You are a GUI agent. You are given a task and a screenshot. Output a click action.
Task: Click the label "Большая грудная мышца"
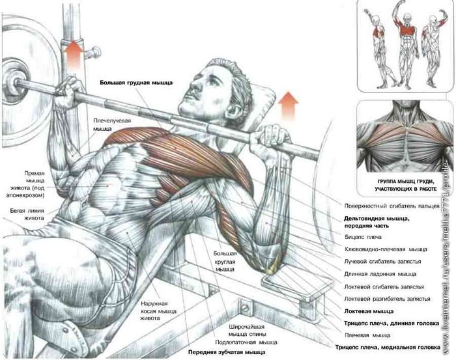[x=136, y=83]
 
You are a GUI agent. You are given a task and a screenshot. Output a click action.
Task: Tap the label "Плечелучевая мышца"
[x=111, y=124]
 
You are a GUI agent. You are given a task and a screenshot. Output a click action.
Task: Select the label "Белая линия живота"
[x=27, y=214]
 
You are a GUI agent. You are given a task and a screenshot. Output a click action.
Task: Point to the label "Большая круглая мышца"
[x=225, y=261]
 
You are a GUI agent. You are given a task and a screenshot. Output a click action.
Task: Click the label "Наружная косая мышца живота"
[x=158, y=311]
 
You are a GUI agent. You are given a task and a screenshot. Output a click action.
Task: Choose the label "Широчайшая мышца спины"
[x=247, y=330]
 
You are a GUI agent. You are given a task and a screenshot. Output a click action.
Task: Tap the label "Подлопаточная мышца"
[x=246, y=342]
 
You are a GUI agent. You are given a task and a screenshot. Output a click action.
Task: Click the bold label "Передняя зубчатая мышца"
[x=227, y=352]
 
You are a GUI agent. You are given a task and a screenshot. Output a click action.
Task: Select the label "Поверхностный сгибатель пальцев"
[x=392, y=206]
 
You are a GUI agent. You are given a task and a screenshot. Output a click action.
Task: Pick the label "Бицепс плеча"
[x=363, y=237]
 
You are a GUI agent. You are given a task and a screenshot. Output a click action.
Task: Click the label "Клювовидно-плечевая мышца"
[x=386, y=249]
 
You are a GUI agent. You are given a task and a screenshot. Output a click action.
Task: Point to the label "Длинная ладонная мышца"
[x=380, y=274]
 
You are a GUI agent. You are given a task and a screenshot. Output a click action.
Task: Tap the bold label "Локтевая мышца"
[x=369, y=311]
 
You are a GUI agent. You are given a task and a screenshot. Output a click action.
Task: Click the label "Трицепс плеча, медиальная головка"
[x=388, y=347]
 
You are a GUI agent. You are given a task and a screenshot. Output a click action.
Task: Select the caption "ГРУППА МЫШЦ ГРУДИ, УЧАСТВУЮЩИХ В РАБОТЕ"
[x=406, y=185]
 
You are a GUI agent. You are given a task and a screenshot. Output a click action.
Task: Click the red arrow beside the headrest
[x=288, y=105]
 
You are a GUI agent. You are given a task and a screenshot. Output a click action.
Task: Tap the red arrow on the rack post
[x=73, y=55]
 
